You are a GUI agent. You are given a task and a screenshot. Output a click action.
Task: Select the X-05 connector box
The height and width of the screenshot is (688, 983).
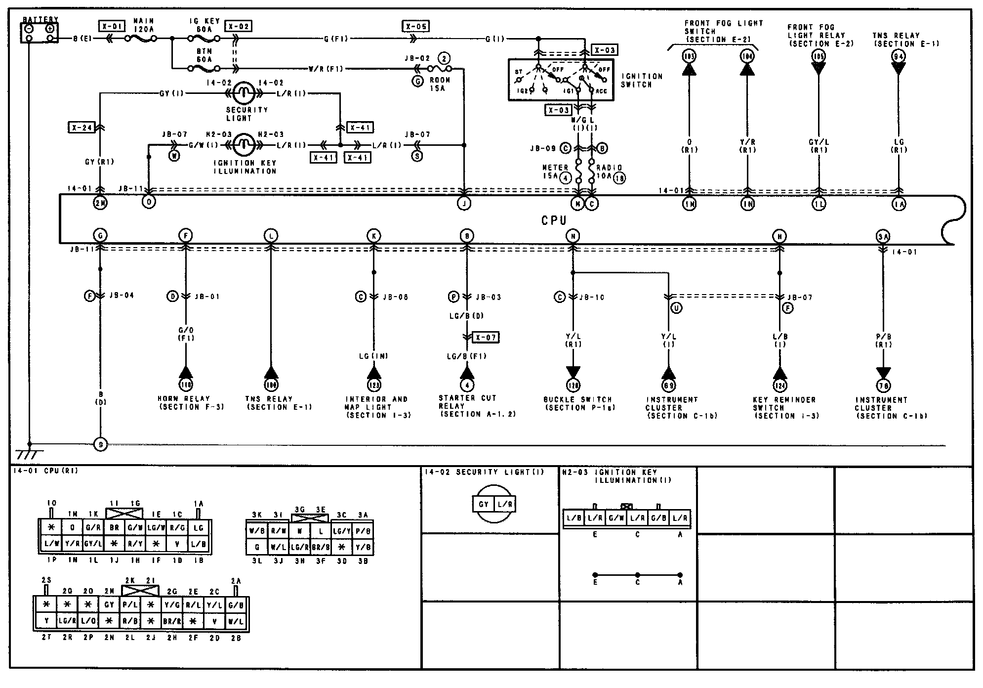(x=415, y=26)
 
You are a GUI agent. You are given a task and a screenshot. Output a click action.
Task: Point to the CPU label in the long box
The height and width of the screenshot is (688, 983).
(x=554, y=221)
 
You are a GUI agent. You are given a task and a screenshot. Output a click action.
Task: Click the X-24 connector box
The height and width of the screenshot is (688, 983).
(x=81, y=128)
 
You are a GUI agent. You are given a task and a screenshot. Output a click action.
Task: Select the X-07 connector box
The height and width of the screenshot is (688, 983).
(x=486, y=337)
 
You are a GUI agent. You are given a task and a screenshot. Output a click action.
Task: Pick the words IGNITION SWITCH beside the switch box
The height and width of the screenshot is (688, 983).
(x=642, y=81)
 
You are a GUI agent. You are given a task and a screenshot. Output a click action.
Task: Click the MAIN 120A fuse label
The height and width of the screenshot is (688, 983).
(x=144, y=25)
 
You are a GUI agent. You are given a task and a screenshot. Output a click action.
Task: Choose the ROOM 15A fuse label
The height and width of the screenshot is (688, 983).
(x=439, y=84)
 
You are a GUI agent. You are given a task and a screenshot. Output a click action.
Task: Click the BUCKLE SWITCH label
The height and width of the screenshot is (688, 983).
(x=578, y=403)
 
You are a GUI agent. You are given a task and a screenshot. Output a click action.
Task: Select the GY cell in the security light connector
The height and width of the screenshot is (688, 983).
(x=484, y=504)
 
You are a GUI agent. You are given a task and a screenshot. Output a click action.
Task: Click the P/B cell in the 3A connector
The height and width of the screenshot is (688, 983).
(x=363, y=531)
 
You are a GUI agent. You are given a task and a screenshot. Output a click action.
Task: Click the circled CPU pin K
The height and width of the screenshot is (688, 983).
(x=373, y=236)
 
